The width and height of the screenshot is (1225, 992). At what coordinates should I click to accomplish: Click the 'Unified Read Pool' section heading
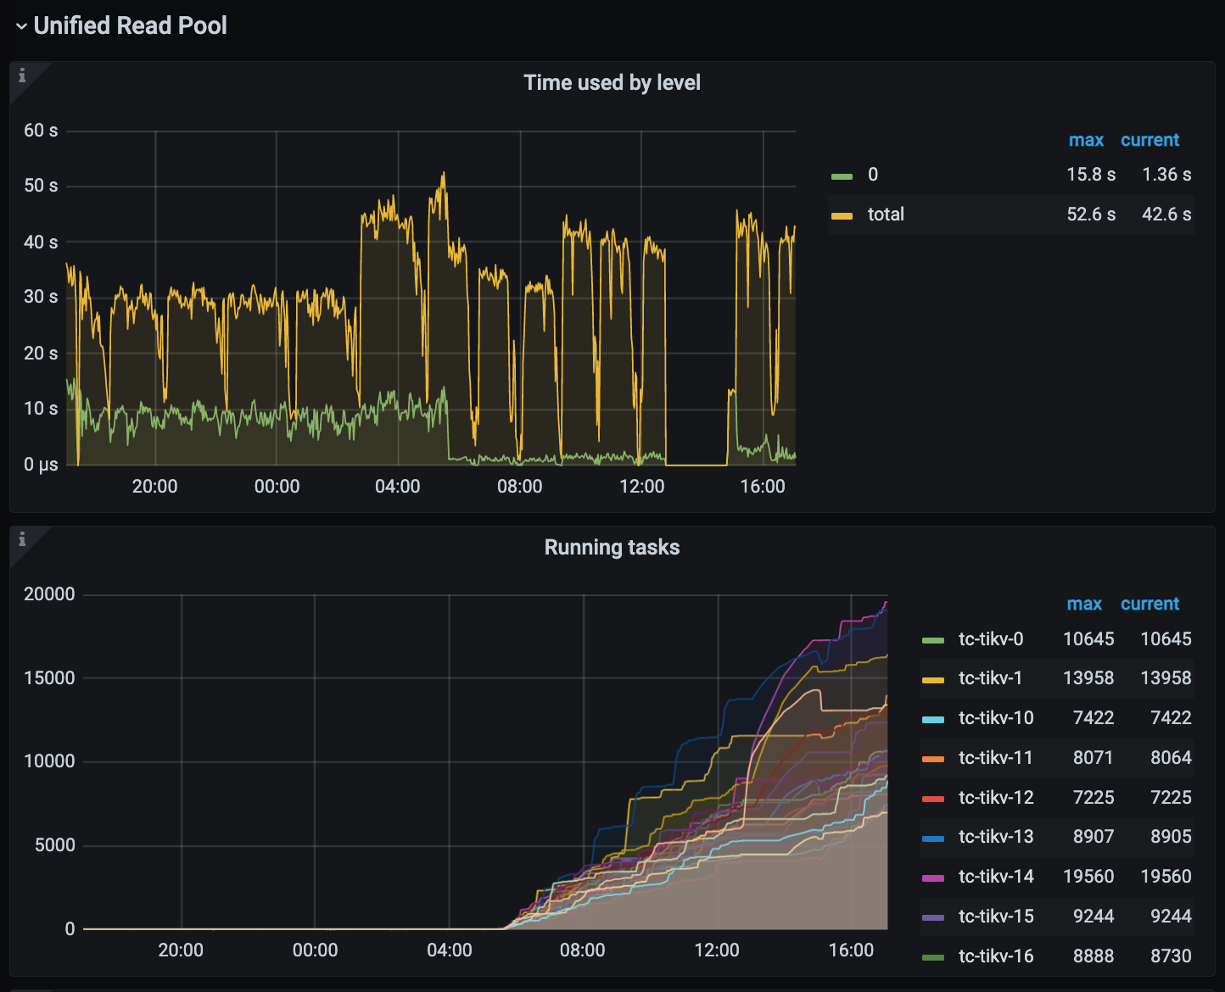(130, 25)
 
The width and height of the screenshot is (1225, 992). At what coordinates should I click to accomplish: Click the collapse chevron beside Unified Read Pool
(21, 26)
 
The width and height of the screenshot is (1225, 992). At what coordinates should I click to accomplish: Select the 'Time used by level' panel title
(612, 82)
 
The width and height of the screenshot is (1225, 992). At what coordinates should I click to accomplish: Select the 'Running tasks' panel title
(612, 547)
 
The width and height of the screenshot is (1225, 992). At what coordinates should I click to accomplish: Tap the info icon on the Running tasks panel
(22, 539)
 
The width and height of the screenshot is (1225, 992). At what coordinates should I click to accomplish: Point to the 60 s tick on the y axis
(41, 131)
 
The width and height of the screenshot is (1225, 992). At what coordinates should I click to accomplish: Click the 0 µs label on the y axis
(41, 465)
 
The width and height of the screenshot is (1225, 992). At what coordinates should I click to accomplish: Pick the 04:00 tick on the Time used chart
(397, 486)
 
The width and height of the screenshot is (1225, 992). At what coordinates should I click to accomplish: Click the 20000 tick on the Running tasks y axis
(49, 594)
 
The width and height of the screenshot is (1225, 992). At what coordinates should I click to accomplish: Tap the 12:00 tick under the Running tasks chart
(717, 950)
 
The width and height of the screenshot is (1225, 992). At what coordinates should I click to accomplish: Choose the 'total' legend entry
(886, 215)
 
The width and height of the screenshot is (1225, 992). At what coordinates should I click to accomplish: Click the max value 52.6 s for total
(1091, 215)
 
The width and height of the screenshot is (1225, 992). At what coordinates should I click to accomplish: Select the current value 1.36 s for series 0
(1166, 175)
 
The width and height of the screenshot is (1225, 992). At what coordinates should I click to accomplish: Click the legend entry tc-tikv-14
(996, 877)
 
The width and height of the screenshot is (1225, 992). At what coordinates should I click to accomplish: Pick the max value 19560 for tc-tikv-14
(1088, 877)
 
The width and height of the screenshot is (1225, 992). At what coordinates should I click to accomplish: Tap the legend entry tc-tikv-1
(990, 678)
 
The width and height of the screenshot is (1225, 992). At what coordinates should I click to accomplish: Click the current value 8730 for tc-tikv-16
(1171, 956)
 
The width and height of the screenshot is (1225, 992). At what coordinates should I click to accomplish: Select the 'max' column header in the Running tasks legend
(1084, 604)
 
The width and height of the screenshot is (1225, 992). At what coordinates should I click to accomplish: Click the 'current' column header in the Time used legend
(1149, 140)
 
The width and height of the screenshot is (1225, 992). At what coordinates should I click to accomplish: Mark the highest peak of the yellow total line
(443, 174)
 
